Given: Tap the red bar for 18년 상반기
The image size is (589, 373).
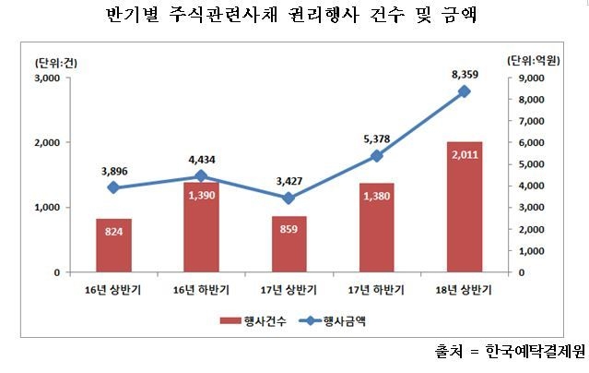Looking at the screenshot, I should click(464, 208).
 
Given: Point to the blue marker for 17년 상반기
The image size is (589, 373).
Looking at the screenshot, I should click(289, 199).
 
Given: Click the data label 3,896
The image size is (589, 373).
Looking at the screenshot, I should click(113, 171).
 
